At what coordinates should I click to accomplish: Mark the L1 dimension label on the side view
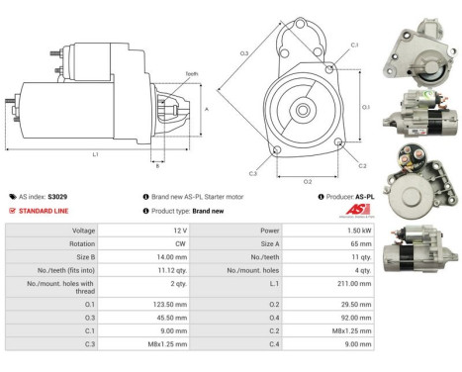(x=95, y=154)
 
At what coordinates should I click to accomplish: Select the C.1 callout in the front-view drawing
(x=354, y=46)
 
